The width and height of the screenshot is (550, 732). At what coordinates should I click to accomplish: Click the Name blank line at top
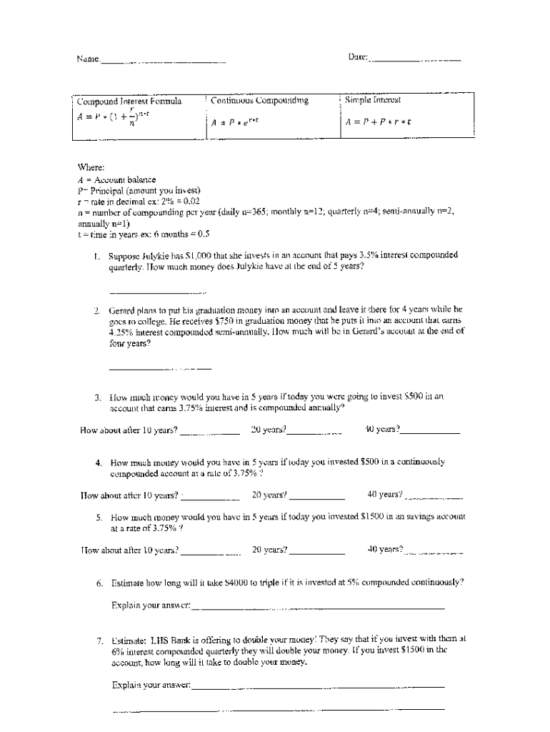pyautogui.click(x=164, y=62)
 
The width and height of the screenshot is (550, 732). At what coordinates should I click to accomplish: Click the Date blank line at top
pyautogui.click(x=414, y=60)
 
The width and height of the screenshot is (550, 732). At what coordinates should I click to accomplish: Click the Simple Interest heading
pyautogui.click(x=373, y=100)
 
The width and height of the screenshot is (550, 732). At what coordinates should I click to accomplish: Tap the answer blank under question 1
pyautogui.click(x=157, y=292)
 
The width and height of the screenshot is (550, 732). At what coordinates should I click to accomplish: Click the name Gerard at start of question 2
pyautogui.click(x=123, y=310)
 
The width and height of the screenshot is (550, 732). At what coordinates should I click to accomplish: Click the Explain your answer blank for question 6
pyautogui.click(x=318, y=608)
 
